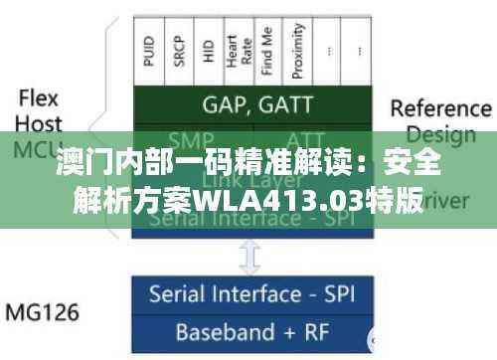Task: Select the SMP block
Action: click(192, 139)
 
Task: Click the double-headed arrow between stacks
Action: click(250, 258)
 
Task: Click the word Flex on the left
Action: click(39, 98)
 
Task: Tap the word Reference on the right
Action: click(440, 107)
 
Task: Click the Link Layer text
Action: click(250, 181)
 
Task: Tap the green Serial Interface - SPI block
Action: click(250, 219)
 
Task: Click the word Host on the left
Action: click(39, 125)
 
